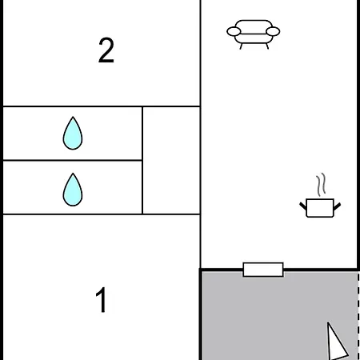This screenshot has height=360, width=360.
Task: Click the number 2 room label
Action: [x=106, y=50]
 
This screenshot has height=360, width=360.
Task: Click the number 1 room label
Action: [x=102, y=299]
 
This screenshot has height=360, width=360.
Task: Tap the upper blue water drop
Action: [x=73, y=133]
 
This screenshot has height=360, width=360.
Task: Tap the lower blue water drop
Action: [x=73, y=190]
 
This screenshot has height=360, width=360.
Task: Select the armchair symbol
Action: [x=254, y=34]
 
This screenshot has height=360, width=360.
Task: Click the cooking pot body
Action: [x=320, y=208]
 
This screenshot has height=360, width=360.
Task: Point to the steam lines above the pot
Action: [x=322, y=185]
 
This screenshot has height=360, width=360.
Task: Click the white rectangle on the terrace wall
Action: [x=263, y=270]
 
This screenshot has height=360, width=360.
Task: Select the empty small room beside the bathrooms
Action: [x=171, y=160]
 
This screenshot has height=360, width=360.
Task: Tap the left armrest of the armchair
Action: [x=234, y=31]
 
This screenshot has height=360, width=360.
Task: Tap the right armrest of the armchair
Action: [x=273, y=31]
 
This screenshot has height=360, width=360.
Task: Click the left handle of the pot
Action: [x=303, y=206]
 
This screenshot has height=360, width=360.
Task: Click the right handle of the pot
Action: [x=337, y=206]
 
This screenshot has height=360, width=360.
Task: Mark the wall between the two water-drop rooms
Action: [x=73, y=160]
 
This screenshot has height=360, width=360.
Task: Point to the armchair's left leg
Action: [x=241, y=46]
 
